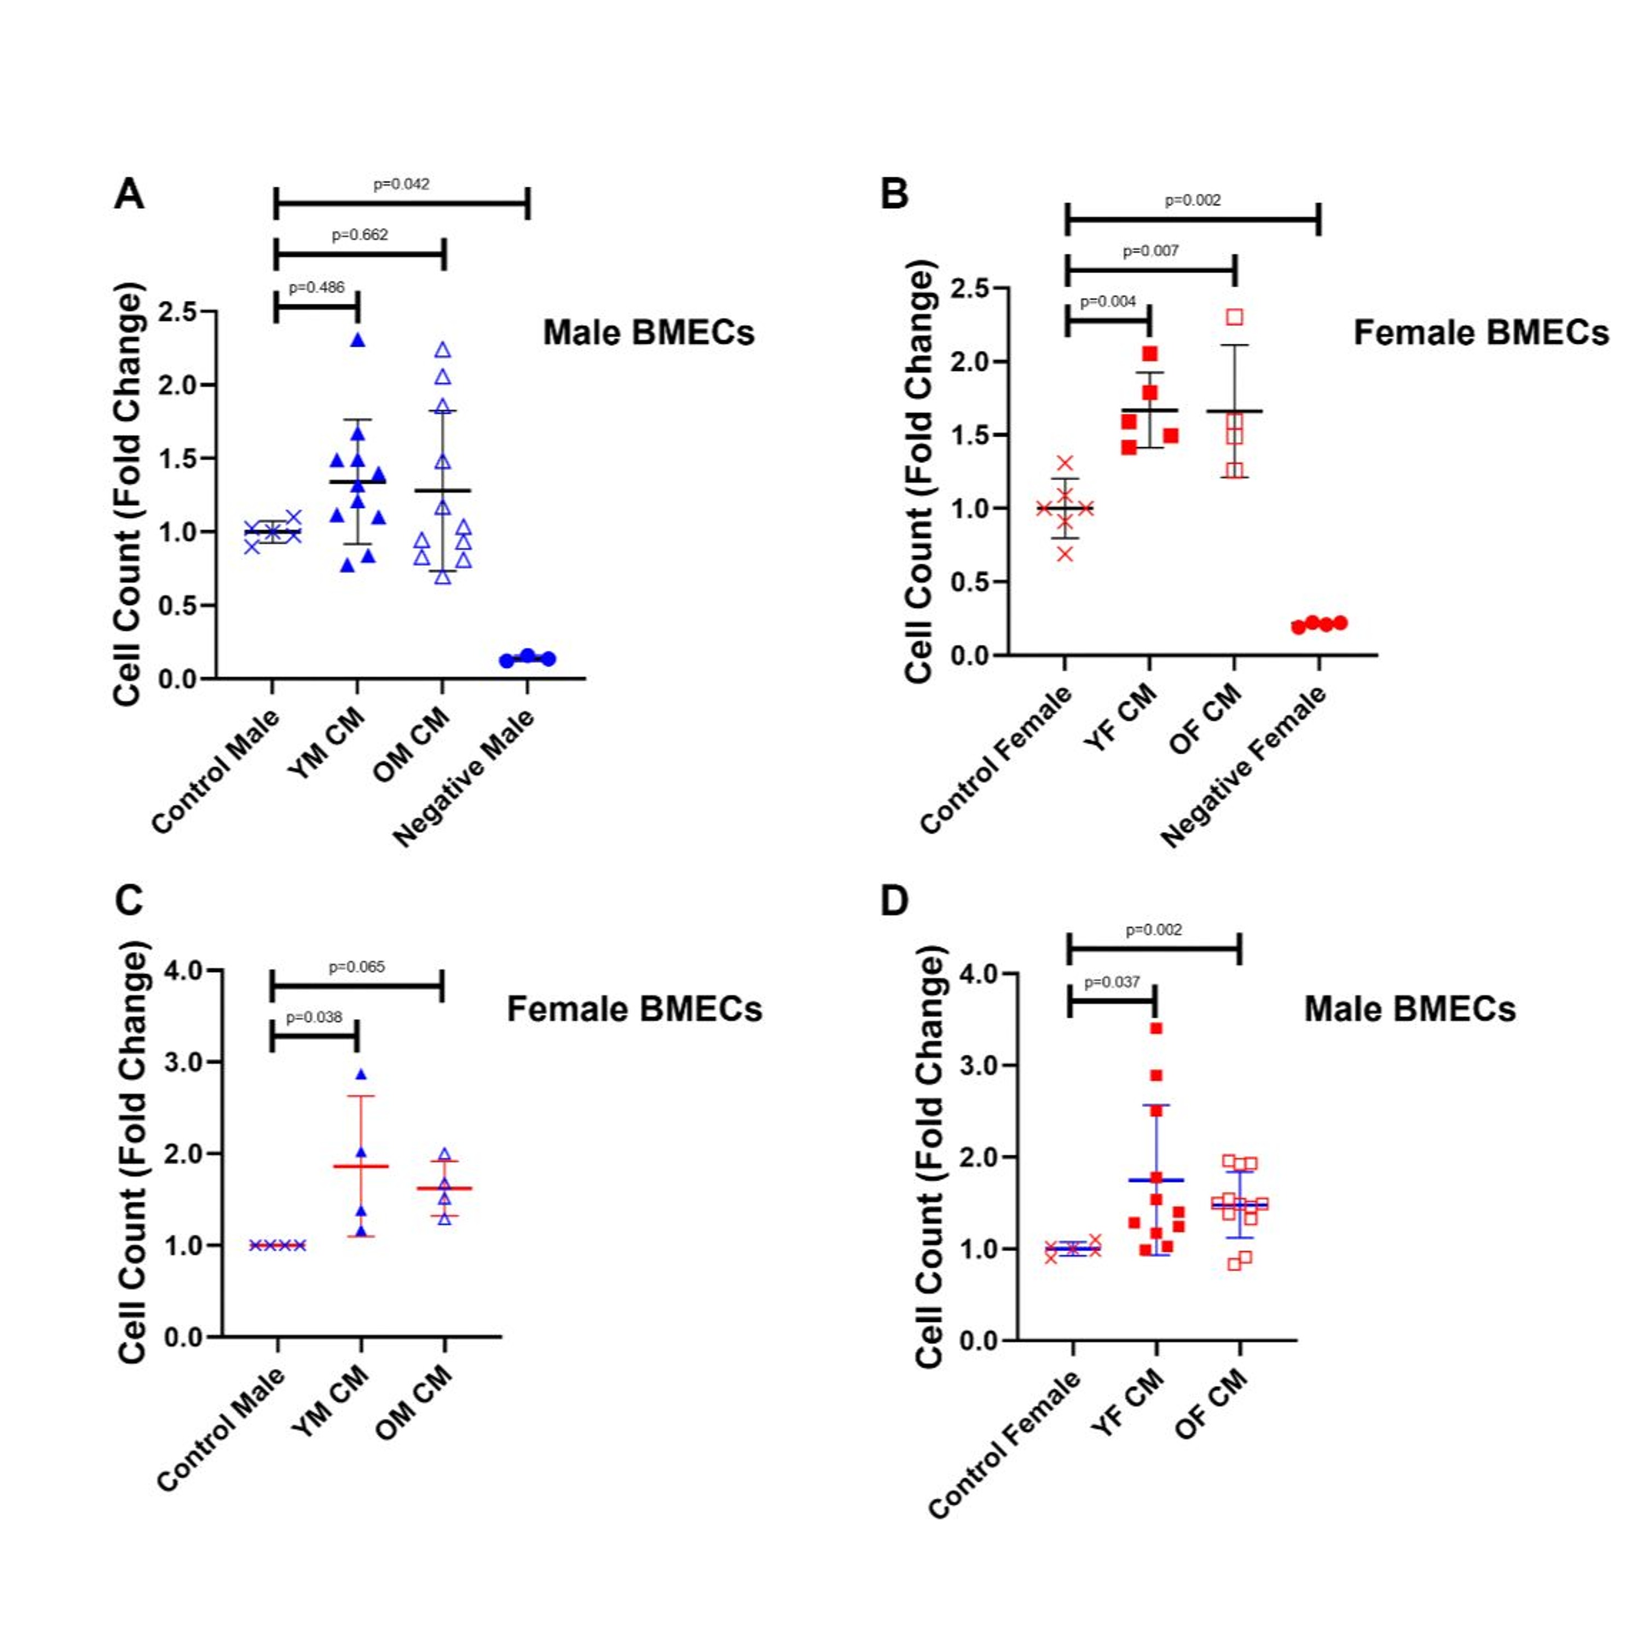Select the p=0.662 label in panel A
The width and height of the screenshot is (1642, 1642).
click(360, 235)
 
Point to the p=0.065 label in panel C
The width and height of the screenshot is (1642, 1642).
click(357, 967)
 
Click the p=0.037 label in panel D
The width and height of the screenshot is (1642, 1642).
click(1112, 982)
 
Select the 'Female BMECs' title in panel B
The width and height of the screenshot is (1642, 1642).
click(1481, 332)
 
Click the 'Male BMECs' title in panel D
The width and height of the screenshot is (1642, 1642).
click(1409, 1009)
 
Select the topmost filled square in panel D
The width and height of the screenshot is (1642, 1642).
click(1156, 1029)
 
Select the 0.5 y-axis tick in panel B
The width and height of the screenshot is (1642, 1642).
click(970, 582)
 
